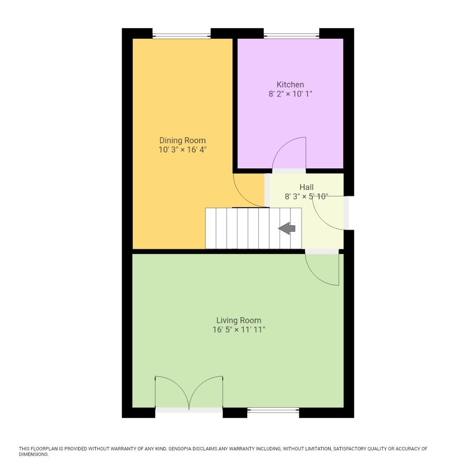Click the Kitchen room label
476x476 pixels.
pos(290,85)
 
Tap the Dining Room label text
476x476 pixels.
pos(182,141)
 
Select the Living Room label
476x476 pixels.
pos(238,320)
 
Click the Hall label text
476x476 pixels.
pos(306,187)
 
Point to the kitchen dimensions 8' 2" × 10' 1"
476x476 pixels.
pos(290,94)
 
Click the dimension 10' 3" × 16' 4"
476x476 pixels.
pos(182,150)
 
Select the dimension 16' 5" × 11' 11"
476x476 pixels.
pos(238,330)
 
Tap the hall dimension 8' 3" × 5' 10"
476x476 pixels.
pos(306,197)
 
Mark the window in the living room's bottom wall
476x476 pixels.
pos(273,410)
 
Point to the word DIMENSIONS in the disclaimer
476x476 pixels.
pos(33,454)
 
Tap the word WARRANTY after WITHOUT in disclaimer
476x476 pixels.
pos(121,449)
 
